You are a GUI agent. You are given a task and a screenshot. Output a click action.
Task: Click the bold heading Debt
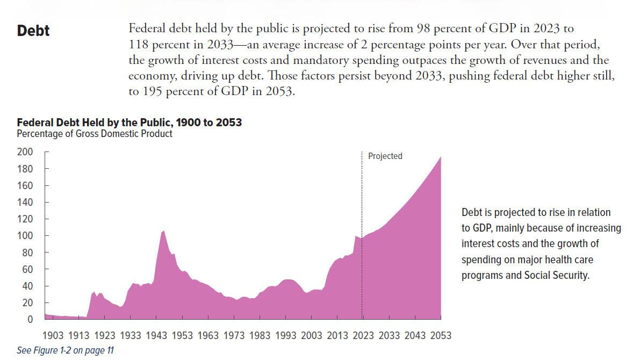click(x=33, y=31)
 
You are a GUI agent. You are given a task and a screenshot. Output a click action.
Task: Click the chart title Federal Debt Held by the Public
click(x=129, y=123)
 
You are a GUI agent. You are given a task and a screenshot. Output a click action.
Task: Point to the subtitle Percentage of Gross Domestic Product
click(x=95, y=134)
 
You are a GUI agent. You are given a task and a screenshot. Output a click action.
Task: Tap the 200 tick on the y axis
click(x=25, y=152)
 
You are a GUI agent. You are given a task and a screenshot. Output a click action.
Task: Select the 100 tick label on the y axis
click(x=25, y=236)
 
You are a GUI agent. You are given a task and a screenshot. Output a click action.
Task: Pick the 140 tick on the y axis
click(x=25, y=203)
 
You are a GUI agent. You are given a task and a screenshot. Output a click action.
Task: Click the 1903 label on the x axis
click(x=53, y=336)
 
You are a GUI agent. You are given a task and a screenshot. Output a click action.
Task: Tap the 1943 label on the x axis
click(x=156, y=336)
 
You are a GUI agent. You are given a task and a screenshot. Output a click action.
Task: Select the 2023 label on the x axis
click(x=363, y=336)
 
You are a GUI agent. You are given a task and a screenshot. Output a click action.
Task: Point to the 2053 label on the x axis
click(x=440, y=336)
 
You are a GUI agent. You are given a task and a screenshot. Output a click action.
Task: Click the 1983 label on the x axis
click(x=260, y=336)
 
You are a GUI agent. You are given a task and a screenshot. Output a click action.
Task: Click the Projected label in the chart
click(x=385, y=156)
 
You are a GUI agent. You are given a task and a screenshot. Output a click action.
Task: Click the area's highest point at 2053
click(x=441, y=157)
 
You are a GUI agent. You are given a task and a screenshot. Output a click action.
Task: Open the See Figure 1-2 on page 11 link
click(x=65, y=350)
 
